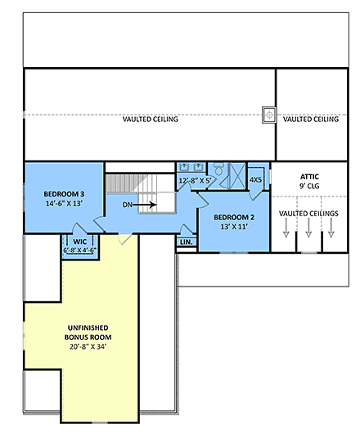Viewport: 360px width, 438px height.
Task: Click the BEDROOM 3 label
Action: click(64, 194)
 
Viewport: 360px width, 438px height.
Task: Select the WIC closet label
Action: click(79, 242)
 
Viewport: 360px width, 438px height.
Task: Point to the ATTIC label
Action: click(308, 176)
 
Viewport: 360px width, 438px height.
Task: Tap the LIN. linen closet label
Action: click(186, 242)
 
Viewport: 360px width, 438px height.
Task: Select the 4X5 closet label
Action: click(255, 180)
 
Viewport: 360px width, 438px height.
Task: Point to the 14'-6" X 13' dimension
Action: click(64, 205)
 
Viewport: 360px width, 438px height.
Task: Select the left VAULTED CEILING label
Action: click(151, 120)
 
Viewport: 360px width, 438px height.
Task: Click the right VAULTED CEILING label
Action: click(311, 120)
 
